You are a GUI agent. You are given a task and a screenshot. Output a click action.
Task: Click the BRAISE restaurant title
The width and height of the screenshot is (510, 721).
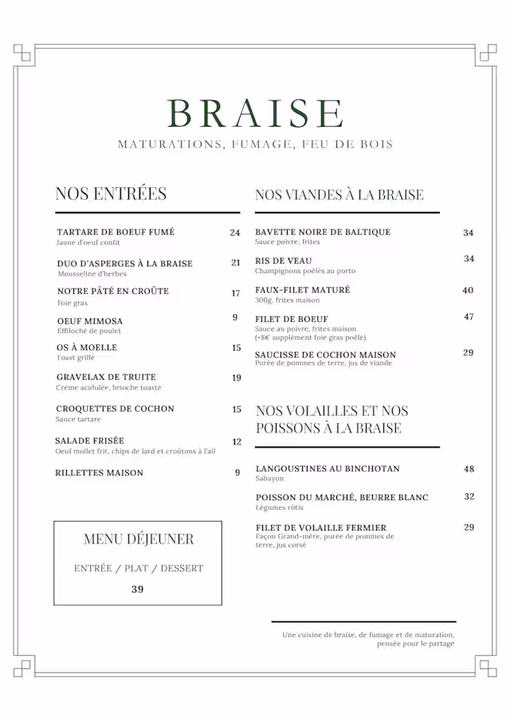(255, 113)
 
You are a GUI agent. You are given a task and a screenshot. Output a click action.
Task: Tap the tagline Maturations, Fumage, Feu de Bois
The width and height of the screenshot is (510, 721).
(255, 145)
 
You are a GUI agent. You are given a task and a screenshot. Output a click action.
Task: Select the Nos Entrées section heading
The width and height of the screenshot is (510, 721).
(111, 194)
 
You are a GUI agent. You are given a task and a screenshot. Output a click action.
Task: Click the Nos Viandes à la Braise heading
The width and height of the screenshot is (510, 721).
(339, 194)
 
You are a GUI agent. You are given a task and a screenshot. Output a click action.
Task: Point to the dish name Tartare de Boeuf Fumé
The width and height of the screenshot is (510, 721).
(116, 232)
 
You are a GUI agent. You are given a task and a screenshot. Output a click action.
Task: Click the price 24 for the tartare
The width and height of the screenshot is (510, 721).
(235, 233)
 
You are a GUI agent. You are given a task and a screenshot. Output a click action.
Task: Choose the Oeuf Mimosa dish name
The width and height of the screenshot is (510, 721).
(90, 321)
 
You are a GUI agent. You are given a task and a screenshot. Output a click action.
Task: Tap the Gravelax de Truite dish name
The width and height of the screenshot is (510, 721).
(106, 377)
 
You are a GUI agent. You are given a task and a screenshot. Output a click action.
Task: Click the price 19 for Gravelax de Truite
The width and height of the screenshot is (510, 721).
(236, 378)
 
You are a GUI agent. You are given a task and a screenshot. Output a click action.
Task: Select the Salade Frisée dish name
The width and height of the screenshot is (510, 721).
(89, 441)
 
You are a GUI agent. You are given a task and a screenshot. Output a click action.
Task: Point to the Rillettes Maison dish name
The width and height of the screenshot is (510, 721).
(99, 472)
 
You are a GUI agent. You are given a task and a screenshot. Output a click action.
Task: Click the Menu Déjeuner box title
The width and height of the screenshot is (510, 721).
(138, 539)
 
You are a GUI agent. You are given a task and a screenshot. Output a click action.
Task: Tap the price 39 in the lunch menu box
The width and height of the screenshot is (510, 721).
(138, 590)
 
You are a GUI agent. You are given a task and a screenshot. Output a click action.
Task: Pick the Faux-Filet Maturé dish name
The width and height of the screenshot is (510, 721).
(302, 290)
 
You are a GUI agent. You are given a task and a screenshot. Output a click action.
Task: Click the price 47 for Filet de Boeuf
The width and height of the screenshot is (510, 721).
(469, 316)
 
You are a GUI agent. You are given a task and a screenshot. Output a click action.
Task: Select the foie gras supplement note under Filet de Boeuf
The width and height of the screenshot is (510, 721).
(305, 338)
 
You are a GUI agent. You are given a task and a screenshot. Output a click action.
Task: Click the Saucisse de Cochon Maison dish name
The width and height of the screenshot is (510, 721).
(325, 355)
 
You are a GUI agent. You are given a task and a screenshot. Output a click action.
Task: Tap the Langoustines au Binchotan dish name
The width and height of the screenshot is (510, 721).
(328, 468)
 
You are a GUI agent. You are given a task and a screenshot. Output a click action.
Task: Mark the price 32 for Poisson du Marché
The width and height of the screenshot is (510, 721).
(469, 496)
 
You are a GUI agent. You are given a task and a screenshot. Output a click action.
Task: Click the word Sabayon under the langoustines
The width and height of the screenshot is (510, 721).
(269, 479)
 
